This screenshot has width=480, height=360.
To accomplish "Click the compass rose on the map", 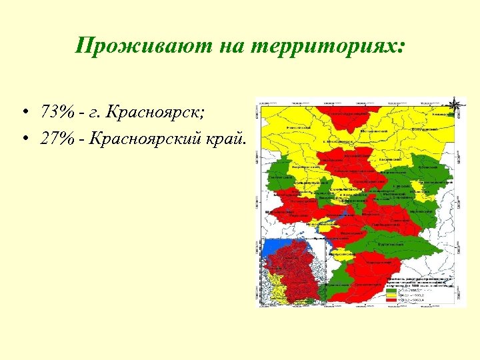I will pyautogui.click(x=455, y=105).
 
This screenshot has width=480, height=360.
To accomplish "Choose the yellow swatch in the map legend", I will pyautogui.click(x=391, y=296).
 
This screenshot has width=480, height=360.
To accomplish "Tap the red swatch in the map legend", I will pyautogui.click(x=391, y=301).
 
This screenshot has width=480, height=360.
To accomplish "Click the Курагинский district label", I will pyautogui.click(x=389, y=245).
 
